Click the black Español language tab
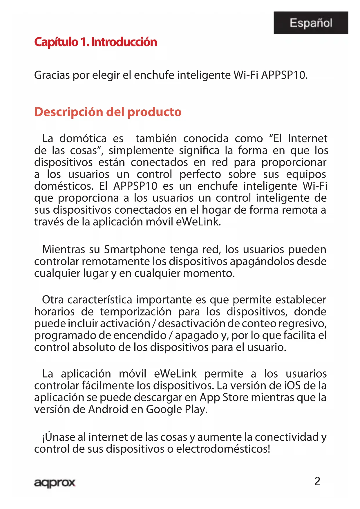click(x=311, y=23)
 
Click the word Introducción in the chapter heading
click(x=124, y=42)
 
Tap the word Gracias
click(x=52, y=75)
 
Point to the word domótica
click(x=83, y=138)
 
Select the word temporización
click(x=136, y=312)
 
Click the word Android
click(x=108, y=409)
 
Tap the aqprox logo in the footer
click(x=55, y=483)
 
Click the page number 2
click(x=317, y=481)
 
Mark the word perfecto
click(x=200, y=174)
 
